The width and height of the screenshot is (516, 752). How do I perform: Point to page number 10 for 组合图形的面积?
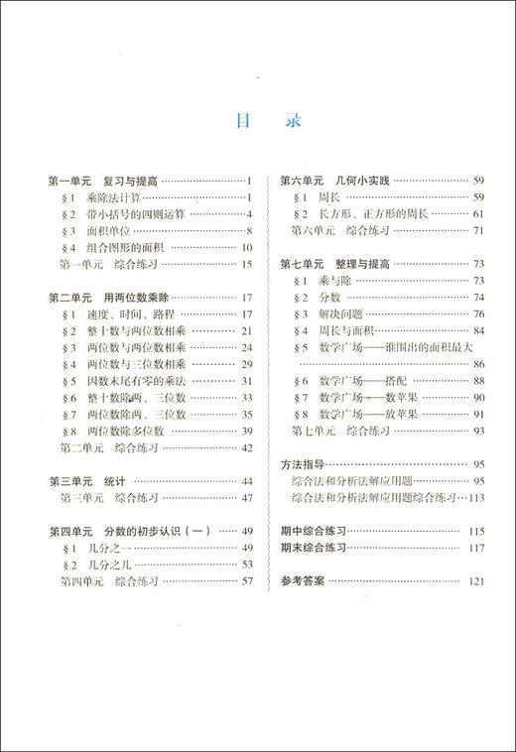click(x=248, y=247)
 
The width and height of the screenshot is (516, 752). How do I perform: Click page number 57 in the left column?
click(x=248, y=582)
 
